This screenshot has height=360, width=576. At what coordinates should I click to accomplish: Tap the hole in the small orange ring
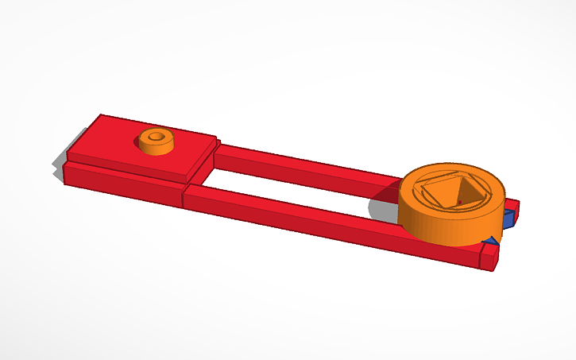[x=157, y=137]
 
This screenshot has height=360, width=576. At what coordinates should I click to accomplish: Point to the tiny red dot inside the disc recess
[x=459, y=203]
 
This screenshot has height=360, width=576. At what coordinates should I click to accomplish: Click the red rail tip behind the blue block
[x=515, y=205]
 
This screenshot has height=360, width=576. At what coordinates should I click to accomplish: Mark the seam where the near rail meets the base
[x=184, y=198]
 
